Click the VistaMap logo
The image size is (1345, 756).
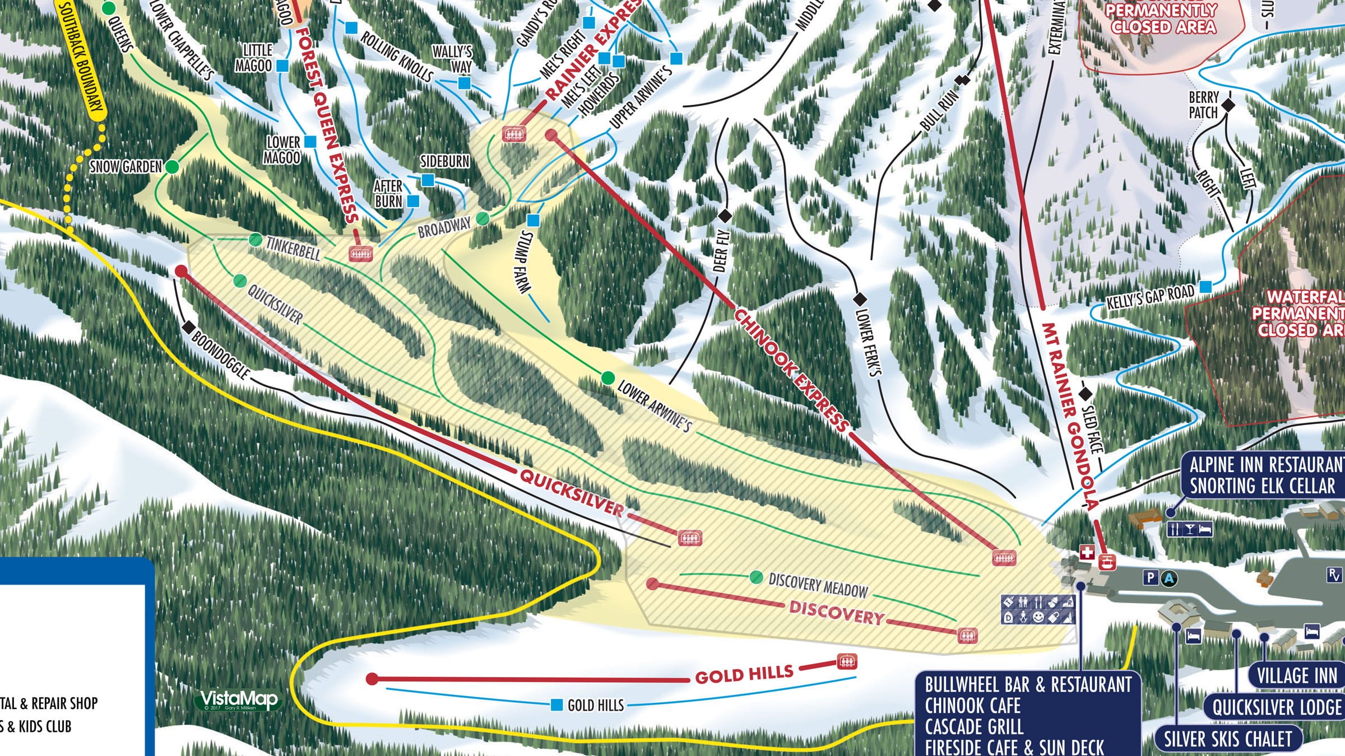click(239, 699)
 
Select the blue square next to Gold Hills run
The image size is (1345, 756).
click(556, 705)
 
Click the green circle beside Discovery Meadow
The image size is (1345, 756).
click(756, 577)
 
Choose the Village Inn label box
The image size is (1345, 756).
click(1296, 676)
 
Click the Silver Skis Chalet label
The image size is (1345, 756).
click(1227, 739)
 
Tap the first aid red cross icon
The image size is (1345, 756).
click(1087, 553)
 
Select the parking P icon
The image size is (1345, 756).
click(1151, 577)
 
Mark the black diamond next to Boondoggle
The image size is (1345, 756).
click(189, 327)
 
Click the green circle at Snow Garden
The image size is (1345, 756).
click(173, 167)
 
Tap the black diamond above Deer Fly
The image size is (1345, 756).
click(725, 216)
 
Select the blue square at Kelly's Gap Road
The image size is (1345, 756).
click(1205, 287)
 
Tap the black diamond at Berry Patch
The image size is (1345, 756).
click(1228, 105)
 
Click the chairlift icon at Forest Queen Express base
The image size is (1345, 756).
click(360, 254)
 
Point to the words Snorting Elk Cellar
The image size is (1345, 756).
click(1262, 486)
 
